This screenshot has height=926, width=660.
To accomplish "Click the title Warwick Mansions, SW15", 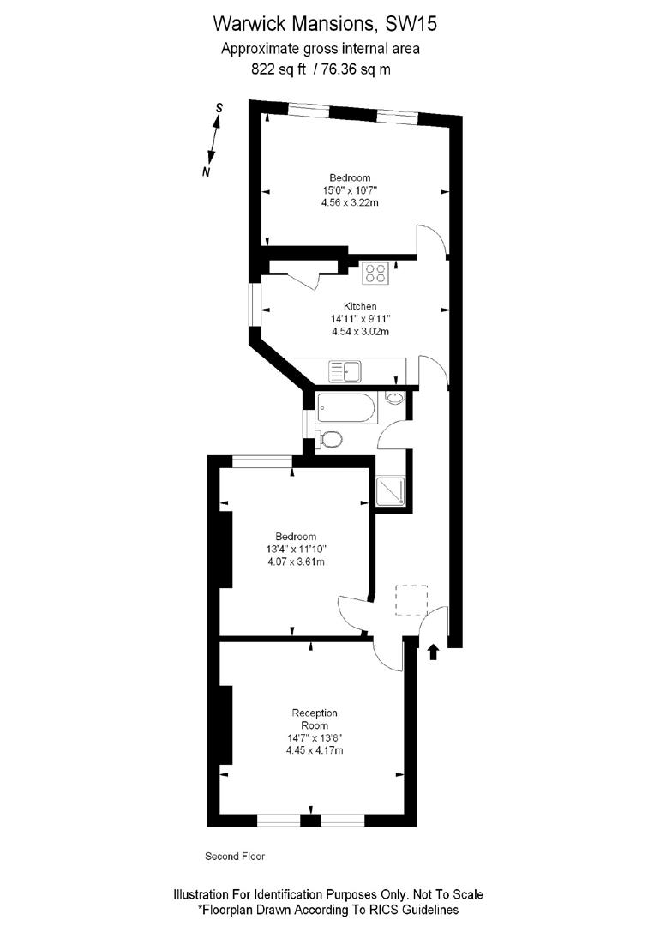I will [329, 21].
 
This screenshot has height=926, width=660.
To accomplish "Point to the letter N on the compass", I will [206, 172].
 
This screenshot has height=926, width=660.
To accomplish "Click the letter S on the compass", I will [219, 108].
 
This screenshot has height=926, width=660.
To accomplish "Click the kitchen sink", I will [346, 371].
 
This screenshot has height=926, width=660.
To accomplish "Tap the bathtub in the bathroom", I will [345, 409].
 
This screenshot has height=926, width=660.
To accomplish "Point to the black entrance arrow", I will [432, 652].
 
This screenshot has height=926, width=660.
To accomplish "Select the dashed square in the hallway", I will [411, 599].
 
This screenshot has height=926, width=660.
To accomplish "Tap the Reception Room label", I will [315, 719].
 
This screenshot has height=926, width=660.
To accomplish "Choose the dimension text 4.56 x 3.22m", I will [350, 203].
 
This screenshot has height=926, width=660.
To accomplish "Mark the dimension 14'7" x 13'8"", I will [315, 737].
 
